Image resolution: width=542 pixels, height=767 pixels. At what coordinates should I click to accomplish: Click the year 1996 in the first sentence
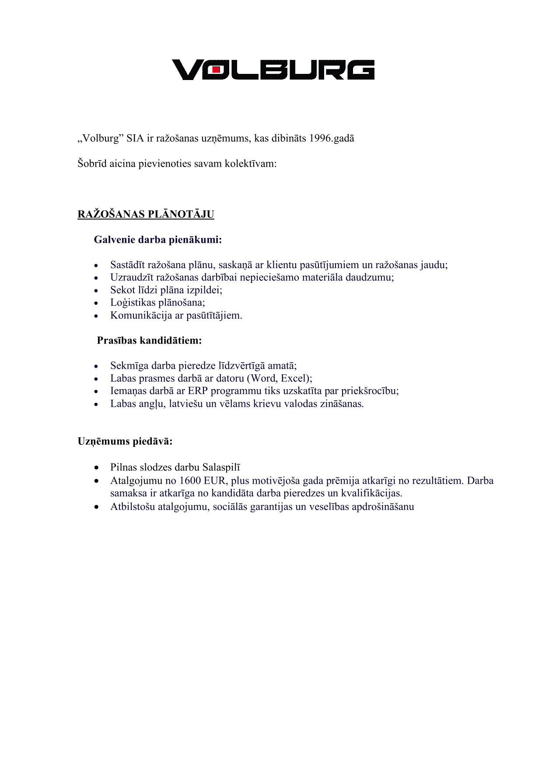(x=320, y=139)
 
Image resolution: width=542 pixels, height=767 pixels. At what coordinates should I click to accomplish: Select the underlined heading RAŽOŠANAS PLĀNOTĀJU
(x=146, y=214)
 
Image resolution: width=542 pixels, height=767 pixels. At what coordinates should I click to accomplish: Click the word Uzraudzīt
(x=130, y=278)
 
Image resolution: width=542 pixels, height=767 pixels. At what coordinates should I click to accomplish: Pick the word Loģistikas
(x=133, y=303)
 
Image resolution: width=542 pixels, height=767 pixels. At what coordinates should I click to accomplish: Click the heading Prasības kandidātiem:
(x=149, y=341)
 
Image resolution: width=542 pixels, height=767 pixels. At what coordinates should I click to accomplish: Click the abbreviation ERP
(x=198, y=391)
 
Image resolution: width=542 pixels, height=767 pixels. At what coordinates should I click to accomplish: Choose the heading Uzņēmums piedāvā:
(x=125, y=441)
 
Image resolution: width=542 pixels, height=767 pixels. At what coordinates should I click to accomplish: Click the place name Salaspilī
(x=221, y=467)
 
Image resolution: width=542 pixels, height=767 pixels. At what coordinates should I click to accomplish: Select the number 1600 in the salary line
(x=190, y=481)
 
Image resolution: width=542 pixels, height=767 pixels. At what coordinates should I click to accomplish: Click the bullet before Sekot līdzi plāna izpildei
(x=96, y=290)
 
